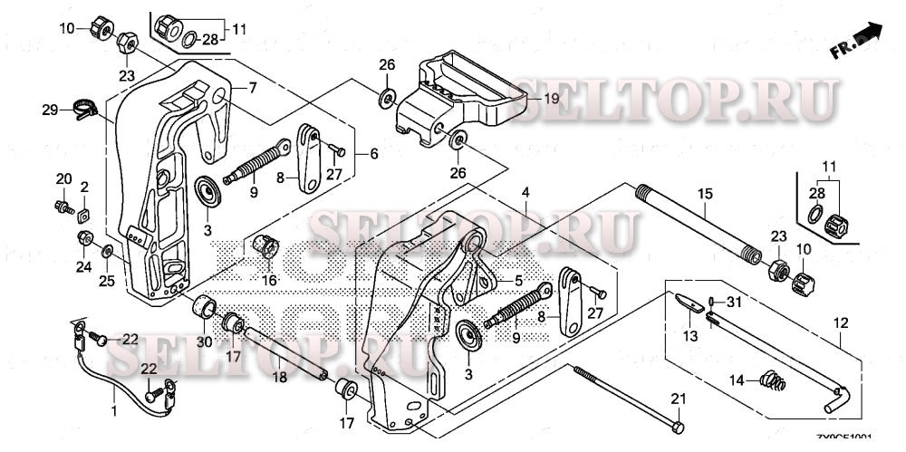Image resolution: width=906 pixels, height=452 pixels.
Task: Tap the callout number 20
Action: coord(63,178)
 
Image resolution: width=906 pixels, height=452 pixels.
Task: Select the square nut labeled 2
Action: coord(82,214)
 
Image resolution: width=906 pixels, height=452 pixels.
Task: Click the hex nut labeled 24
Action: coord(83,238)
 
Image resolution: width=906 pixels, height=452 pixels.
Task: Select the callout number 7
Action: coord(253,87)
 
